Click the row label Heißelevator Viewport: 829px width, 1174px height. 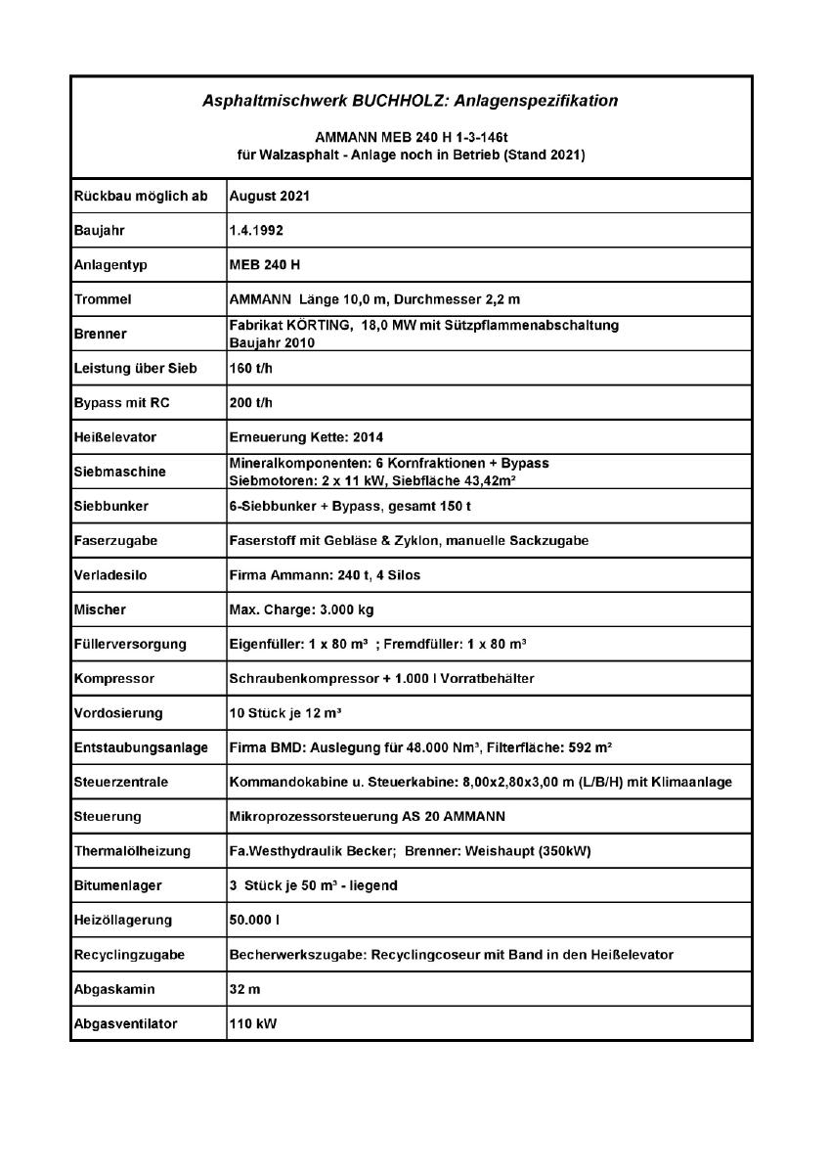pos(114,437)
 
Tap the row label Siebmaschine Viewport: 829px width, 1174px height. pos(120,472)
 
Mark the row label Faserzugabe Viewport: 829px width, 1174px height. pos(116,540)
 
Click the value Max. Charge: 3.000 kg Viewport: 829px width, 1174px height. pos(301,610)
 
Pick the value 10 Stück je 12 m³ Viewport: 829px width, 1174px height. pos(284,712)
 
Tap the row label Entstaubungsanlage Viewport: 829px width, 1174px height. pos(141,747)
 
